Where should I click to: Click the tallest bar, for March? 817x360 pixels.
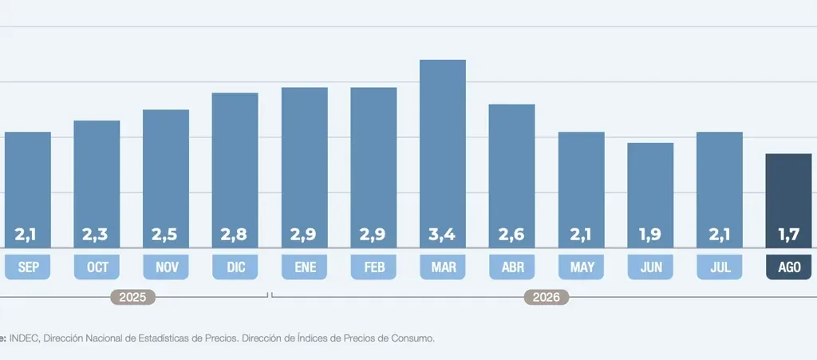pyautogui.click(x=442, y=154)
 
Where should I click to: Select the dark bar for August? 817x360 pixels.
pyautogui.click(x=788, y=200)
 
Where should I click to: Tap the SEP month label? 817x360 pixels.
pyautogui.click(x=28, y=267)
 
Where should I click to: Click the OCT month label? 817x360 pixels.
pyautogui.click(x=97, y=267)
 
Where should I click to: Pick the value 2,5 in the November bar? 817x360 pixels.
pyautogui.click(x=164, y=235)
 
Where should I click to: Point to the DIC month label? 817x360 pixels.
pyautogui.click(x=235, y=267)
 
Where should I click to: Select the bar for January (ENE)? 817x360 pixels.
pyautogui.click(x=305, y=168)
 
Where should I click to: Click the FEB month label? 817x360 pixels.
pyautogui.click(x=373, y=267)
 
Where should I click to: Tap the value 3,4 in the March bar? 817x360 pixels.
pyautogui.click(x=442, y=235)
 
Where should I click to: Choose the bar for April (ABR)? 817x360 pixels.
pyautogui.click(x=511, y=176)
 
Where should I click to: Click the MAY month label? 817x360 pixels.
pyautogui.click(x=582, y=267)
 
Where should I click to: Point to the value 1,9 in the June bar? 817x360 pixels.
pyautogui.click(x=650, y=235)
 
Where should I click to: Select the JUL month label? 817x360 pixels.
pyautogui.click(x=720, y=267)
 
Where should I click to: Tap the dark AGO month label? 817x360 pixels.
pyautogui.click(x=789, y=267)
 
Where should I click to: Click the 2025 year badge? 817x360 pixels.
pyautogui.click(x=133, y=298)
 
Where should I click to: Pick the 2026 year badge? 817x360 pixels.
pyautogui.click(x=546, y=298)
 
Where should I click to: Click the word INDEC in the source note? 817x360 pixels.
pyautogui.click(x=24, y=338)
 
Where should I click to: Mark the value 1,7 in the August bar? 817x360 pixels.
pyautogui.click(x=789, y=235)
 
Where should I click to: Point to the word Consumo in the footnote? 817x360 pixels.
pyautogui.click(x=415, y=338)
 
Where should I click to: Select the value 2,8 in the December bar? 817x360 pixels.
pyautogui.click(x=234, y=235)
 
